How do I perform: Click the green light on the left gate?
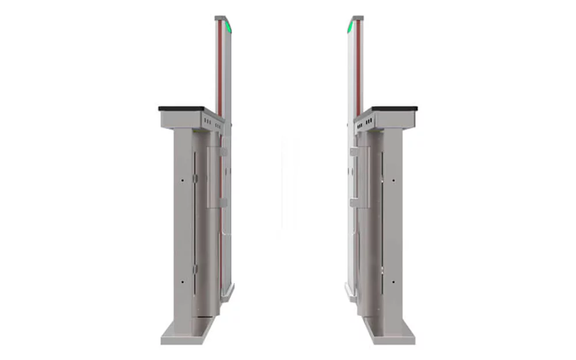click(x=228, y=26)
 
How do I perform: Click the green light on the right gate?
click(x=350, y=26)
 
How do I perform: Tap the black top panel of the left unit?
click(x=181, y=108)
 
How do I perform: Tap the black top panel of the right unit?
click(x=395, y=108)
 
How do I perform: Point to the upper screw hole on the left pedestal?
click(x=183, y=180)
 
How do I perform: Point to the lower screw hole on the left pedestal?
click(x=183, y=282)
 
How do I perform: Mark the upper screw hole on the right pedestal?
click(x=393, y=180)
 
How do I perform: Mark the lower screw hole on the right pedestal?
click(x=393, y=282)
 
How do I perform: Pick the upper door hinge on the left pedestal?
click(x=195, y=178)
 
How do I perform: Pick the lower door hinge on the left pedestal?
click(x=195, y=268)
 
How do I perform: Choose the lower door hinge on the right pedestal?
click(x=380, y=268)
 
